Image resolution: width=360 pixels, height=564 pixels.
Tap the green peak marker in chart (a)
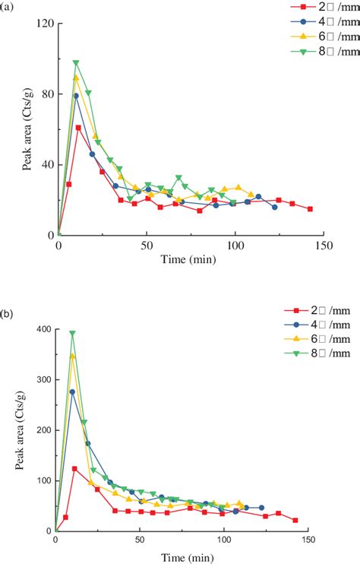coord(76,63)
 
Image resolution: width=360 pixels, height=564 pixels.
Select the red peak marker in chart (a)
coord(78,128)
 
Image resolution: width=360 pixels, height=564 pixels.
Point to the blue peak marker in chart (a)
coord(76,96)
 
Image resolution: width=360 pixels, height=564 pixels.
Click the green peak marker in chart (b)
coord(73,333)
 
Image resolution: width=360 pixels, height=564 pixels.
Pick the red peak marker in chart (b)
coord(74,469)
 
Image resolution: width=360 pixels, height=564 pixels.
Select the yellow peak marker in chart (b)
coord(73,356)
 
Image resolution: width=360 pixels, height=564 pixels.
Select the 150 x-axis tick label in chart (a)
coord(323,246)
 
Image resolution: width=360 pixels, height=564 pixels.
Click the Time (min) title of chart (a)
coord(189,260)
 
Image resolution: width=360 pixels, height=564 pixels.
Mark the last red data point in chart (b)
coord(295,521)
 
